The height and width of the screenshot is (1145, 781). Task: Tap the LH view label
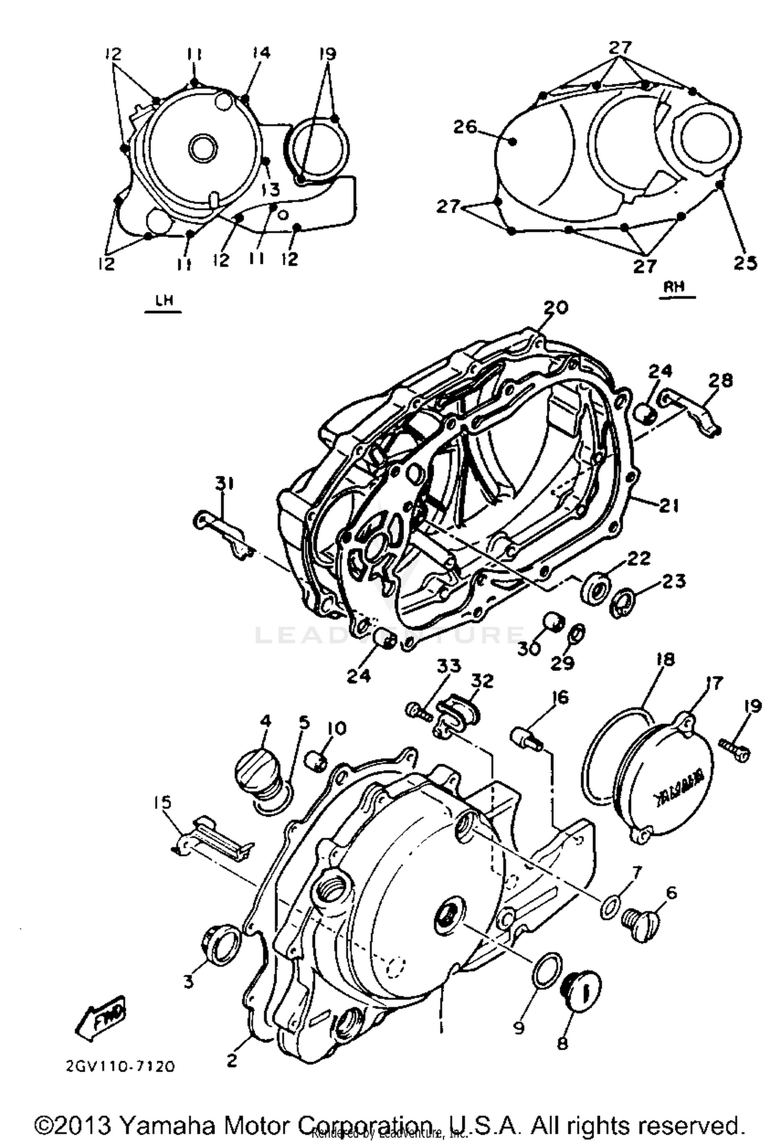(163, 301)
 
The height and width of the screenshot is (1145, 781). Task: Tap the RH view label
(677, 287)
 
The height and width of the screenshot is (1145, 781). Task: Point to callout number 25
(745, 263)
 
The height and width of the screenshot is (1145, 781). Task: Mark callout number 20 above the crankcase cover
(555, 307)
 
